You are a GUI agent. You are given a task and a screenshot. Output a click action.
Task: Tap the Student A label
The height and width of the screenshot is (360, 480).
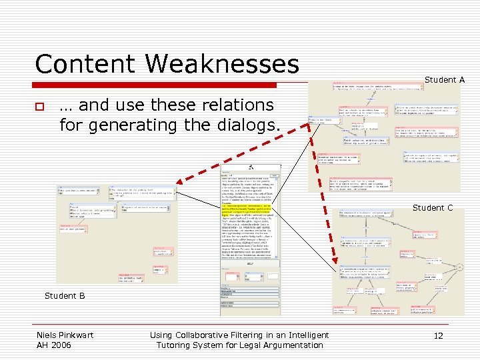[445, 80]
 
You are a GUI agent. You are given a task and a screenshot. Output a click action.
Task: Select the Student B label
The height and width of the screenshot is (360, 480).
[65, 295]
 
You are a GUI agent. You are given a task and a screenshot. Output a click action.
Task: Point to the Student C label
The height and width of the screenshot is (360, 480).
[433, 208]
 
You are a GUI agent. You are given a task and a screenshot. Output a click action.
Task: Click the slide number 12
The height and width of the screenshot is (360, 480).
[438, 335]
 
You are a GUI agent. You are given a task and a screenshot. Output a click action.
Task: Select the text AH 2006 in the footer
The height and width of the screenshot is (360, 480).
[53, 345]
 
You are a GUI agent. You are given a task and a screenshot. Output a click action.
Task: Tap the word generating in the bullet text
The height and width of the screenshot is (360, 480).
[127, 125]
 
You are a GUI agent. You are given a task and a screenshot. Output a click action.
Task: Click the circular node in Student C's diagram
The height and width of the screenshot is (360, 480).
[455, 268]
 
